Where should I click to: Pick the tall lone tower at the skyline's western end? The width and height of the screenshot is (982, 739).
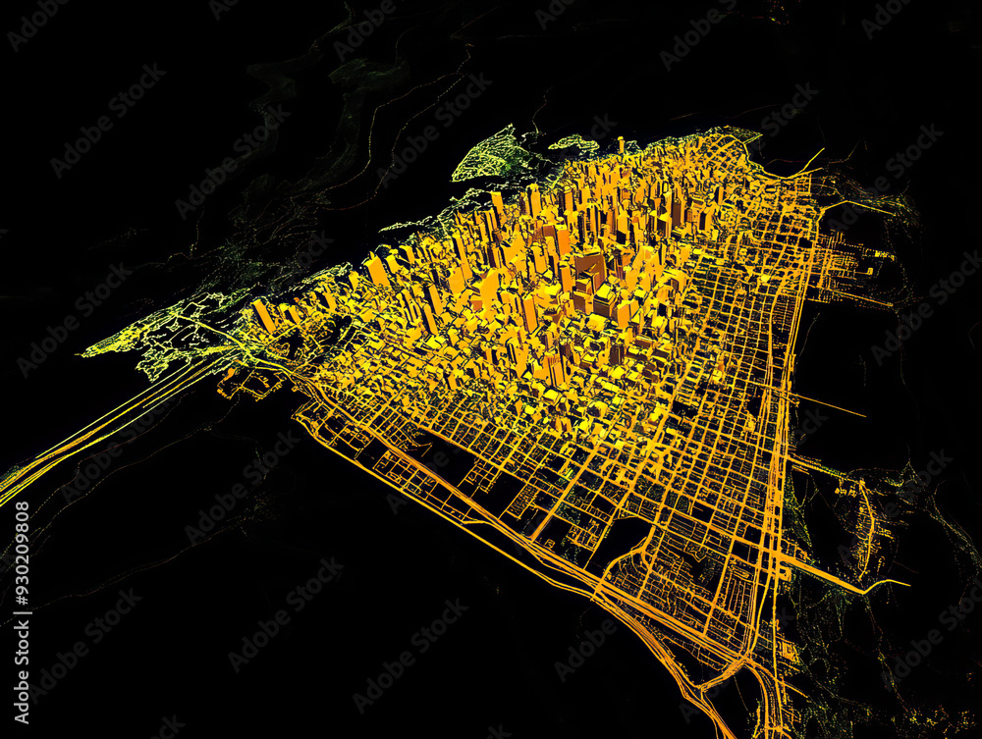coord(263,316)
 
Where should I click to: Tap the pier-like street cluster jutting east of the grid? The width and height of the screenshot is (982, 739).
coord(854,265)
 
